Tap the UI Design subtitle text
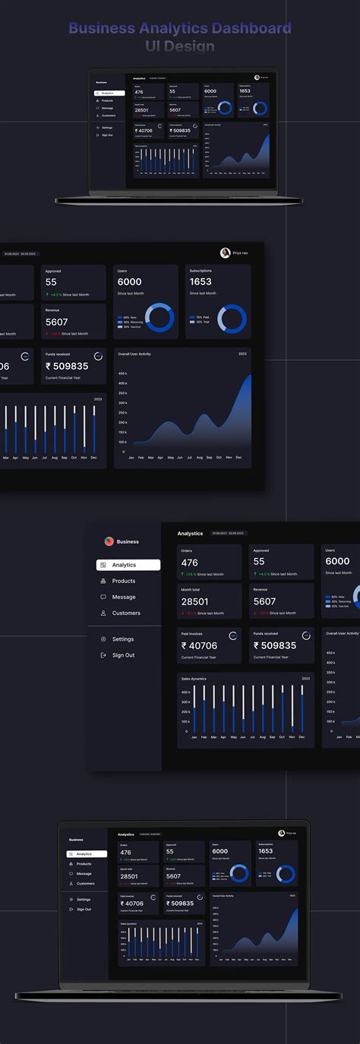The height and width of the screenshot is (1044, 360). [x=180, y=46]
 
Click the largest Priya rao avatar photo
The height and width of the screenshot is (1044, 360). [x=225, y=253]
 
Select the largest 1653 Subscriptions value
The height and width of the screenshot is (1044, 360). [x=201, y=282]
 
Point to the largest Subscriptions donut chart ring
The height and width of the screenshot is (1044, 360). [x=232, y=318]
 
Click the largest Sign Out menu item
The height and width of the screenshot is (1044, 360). [x=123, y=655]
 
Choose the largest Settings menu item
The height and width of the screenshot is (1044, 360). [x=122, y=639]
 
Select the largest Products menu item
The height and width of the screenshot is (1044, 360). [x=123, y=581]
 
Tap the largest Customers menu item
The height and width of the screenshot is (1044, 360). [x=126, y=613]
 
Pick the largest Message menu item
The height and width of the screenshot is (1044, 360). [x=124, y=597]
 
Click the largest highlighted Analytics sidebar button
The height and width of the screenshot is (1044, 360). [x=128, y=565]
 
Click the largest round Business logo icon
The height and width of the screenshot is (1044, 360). [x=109, y=541]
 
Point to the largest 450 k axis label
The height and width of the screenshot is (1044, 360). [x=122, y=374]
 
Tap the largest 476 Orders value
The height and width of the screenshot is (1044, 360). [x=189, y=563]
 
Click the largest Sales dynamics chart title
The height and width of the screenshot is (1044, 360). [x=194, y=679]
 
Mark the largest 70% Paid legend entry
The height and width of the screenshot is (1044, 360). [x=203, y=317]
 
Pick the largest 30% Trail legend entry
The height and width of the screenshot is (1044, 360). [x=203, y=323]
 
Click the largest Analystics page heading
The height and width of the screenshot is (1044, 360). [x=190, y=534]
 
